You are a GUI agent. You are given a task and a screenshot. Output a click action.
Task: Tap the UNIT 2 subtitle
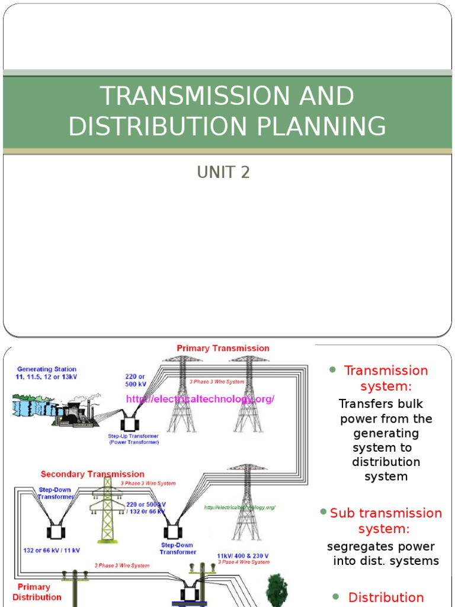[x=223, y=172]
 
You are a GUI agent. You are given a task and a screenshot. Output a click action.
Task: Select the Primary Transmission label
[x=223, y=348]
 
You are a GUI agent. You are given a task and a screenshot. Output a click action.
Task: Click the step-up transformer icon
[x=128, y=424]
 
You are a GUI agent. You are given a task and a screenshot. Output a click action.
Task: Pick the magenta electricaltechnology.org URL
[x=200, y=399]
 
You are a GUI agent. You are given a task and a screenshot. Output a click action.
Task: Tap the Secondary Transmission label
[x=92, y=474]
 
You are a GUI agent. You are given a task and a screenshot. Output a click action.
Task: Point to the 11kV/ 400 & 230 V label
[x=242, y=556]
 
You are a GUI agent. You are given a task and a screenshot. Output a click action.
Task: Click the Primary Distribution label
[x=37, y=592]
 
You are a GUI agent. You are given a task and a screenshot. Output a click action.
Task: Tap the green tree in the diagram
[x=277, y=589]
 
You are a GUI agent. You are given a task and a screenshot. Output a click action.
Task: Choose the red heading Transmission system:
[x=386, y=378]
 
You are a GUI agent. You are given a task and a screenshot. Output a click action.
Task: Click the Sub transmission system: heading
[x=386, y=520]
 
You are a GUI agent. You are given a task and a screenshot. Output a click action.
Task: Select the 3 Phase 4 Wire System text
[x=243, y=562]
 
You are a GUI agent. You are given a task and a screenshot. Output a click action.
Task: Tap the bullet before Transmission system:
[x=332, y=370]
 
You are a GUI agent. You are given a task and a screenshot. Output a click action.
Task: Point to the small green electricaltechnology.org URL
[x=240, y=507]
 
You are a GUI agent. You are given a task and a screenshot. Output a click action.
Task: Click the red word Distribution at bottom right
[x=386, y=597]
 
